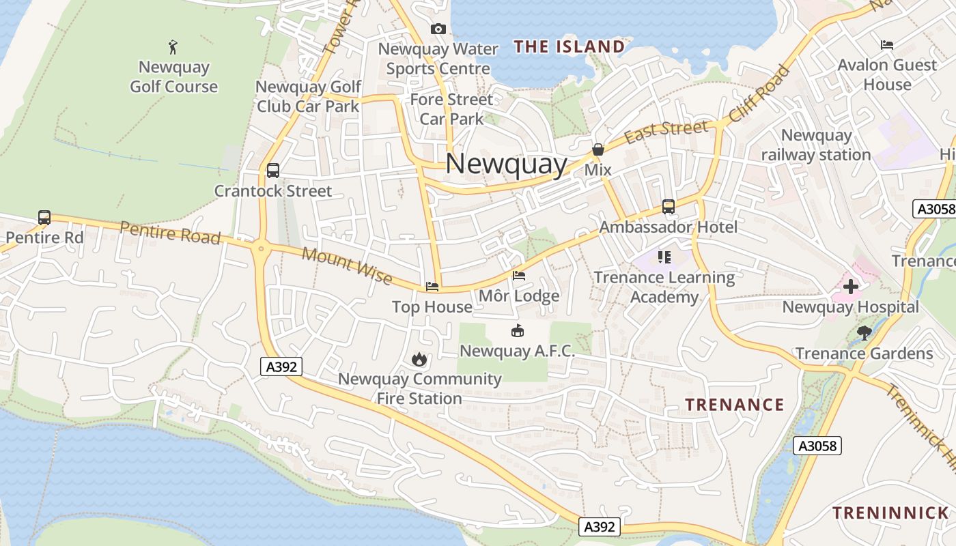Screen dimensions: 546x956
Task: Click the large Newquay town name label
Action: point(506,164)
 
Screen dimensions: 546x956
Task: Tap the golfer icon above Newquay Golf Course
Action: point(173,47)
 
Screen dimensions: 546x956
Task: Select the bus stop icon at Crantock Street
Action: point(273,171)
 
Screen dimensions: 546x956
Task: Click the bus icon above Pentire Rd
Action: point(44,218)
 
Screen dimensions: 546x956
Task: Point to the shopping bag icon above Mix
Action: point(598,149)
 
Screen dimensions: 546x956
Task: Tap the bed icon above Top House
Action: point(432,287)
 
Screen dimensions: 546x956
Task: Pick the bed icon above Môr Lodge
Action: point(519,276)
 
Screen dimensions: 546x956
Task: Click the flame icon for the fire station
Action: point(419,359)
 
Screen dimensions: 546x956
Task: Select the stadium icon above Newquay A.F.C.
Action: point(518,332)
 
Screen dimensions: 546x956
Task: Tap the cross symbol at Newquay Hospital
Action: point(850,287)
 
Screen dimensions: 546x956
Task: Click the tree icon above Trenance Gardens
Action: point(864,333)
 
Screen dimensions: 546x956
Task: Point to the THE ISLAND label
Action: point(569,47)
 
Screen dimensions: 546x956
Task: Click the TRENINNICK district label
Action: point(890,513)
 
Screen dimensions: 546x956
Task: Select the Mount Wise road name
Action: point(347,265)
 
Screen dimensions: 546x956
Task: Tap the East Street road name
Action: point(666,132)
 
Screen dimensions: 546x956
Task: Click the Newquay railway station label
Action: point(816,145)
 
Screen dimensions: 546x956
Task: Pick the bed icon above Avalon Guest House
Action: point(887,45)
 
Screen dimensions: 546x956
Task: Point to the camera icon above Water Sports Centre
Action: point(438,29)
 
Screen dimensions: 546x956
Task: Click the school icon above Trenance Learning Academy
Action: point(664,257)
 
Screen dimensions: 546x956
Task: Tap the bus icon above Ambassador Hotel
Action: point(669,206)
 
